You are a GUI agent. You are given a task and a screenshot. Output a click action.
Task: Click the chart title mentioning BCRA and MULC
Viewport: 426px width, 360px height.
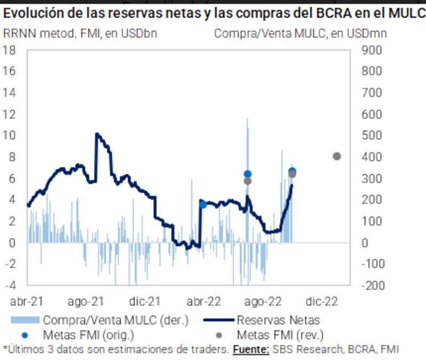213,13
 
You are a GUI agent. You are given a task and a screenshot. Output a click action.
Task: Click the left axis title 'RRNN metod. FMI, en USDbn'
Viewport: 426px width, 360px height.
80,34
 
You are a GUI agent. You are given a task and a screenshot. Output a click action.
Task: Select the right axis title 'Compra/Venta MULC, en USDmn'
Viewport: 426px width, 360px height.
300,34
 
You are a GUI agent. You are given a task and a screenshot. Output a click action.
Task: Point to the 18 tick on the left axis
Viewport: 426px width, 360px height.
9,50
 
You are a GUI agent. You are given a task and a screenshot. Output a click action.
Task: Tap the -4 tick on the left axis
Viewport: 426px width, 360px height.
9,285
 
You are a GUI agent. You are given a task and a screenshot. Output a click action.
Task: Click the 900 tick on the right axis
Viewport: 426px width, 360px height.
372,50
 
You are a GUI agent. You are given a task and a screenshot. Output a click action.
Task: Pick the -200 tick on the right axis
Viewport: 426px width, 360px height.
372,285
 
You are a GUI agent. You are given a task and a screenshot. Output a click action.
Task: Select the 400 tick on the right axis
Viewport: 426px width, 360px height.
372,157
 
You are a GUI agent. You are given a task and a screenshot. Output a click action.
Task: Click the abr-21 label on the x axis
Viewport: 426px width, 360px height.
27,301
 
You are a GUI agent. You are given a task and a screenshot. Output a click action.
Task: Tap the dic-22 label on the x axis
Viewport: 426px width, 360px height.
322,301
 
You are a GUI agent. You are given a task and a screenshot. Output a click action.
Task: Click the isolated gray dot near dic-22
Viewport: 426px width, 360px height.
337,156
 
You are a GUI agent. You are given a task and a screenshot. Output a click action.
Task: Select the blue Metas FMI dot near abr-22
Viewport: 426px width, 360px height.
202,204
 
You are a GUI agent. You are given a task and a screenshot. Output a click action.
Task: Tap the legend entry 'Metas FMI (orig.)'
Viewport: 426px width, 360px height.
88,335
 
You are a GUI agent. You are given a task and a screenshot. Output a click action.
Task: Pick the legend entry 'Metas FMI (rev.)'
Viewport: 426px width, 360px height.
280,335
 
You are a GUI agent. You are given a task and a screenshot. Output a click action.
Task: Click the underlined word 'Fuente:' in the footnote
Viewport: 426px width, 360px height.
250,350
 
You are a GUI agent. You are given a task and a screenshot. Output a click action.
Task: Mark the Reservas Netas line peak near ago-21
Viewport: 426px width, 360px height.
96,134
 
